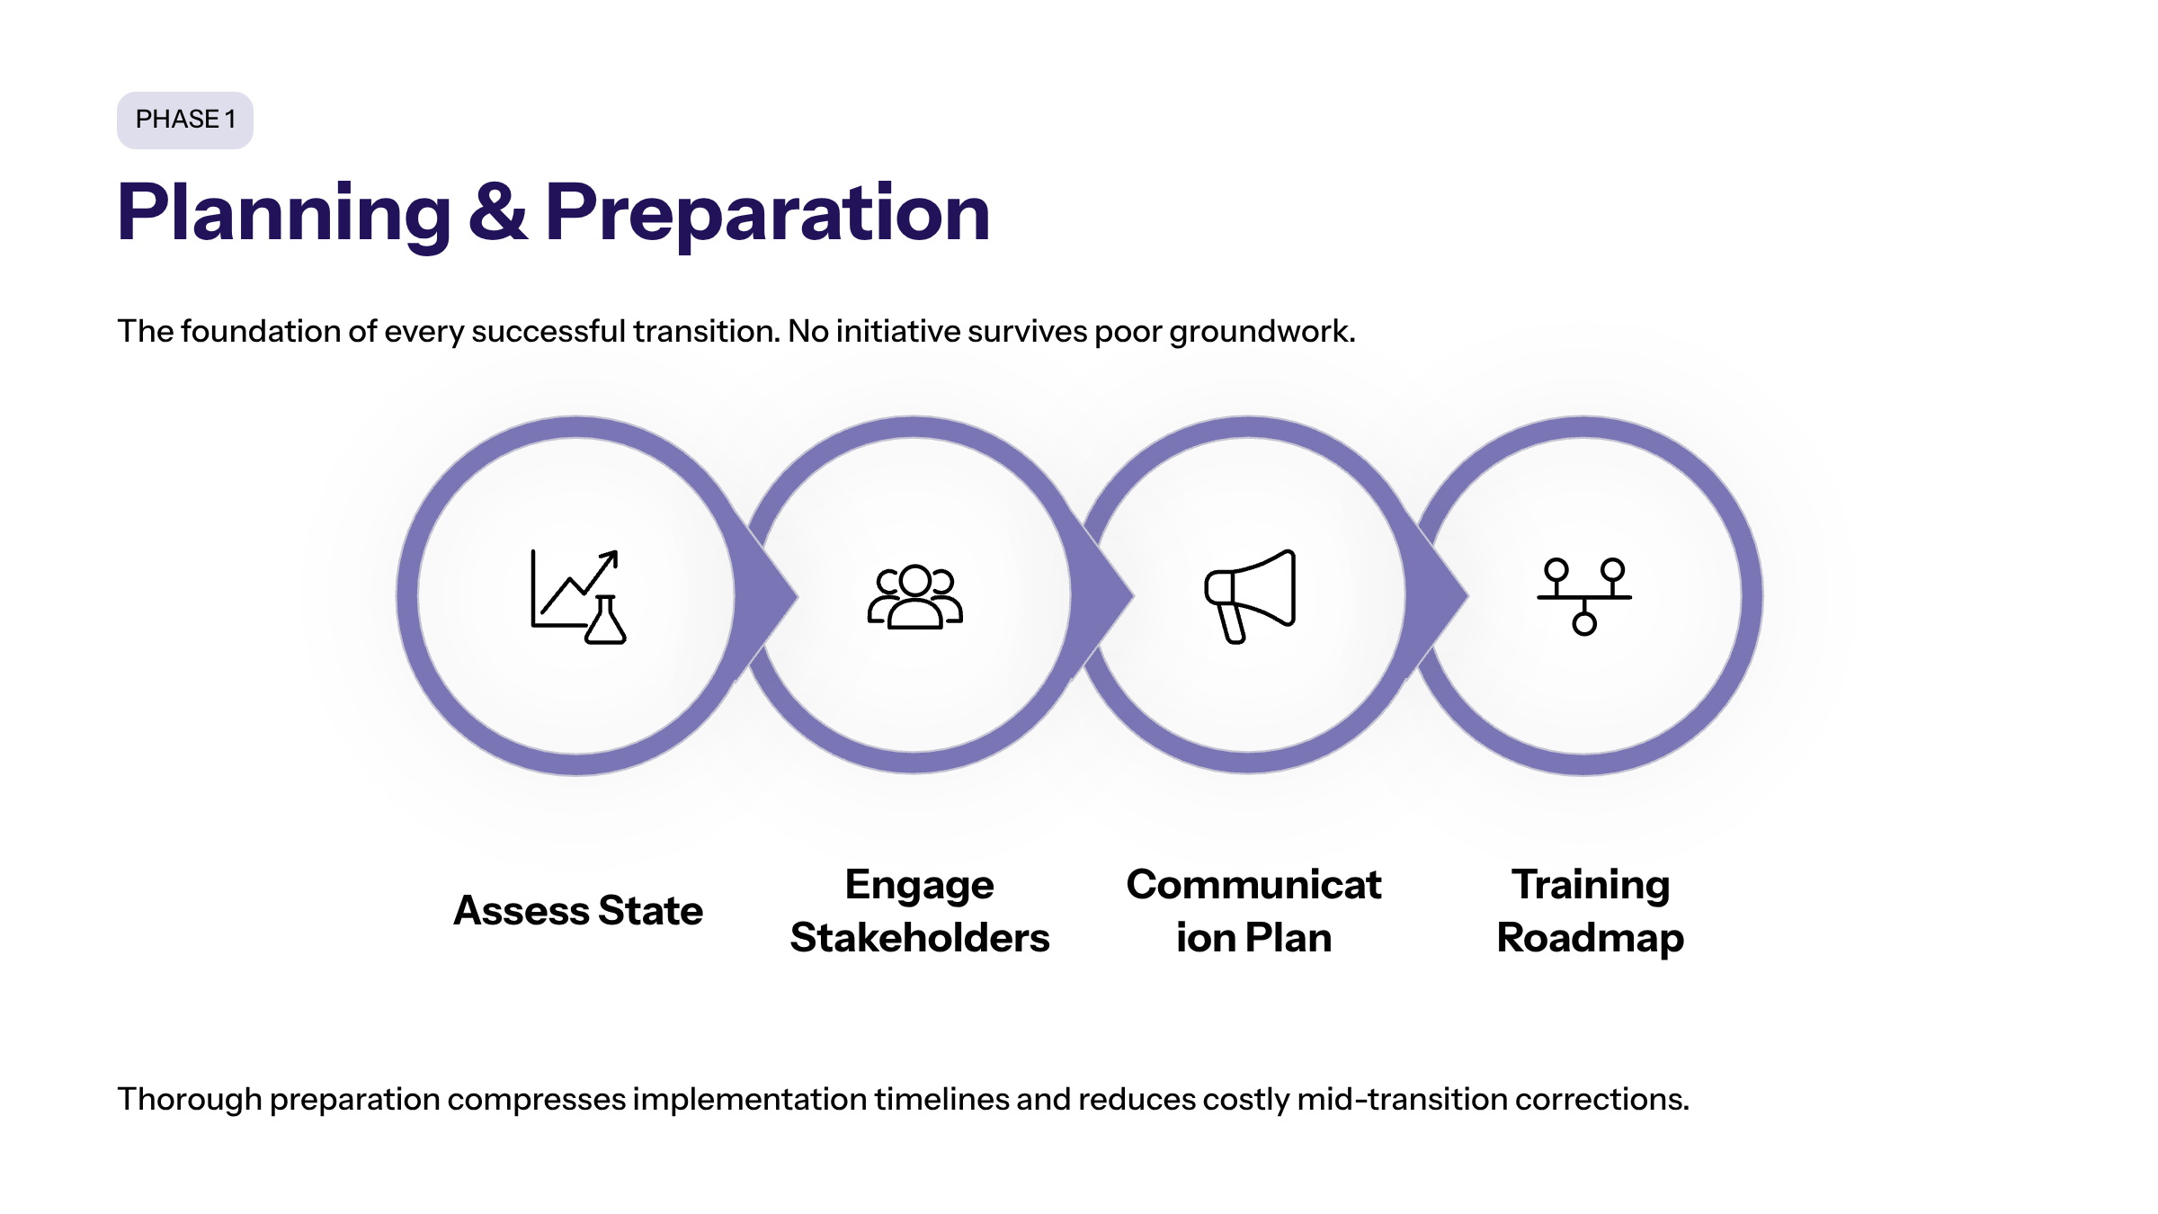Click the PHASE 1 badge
pyautogui.click(x=184, y=120)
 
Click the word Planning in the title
pyautogui.click(x=284, y=213)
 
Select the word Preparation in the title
pyautogui.click(x=767, y=213)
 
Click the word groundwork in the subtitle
pyautogui.click(x=1261, y=332)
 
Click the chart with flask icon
pyautogui.click(x=578, y=596)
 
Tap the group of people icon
pyautogui.click(x=914, y=596)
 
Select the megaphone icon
pyautogui.click(x=1250, y=596)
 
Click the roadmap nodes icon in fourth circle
pyautogui.click(x=1584, y=596)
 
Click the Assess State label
pyautogui.click(x=578, y=910)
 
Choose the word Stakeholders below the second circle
pyautogui.click(x=919, y=937)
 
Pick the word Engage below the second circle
pyautogui.click(x=919, y=885)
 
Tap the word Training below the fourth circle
pyautogui.click(x=1590, y=885)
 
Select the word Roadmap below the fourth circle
pyautogui.click(x=1590, y=937)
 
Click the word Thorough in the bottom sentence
pyautogui.click(x=189, y=1099)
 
